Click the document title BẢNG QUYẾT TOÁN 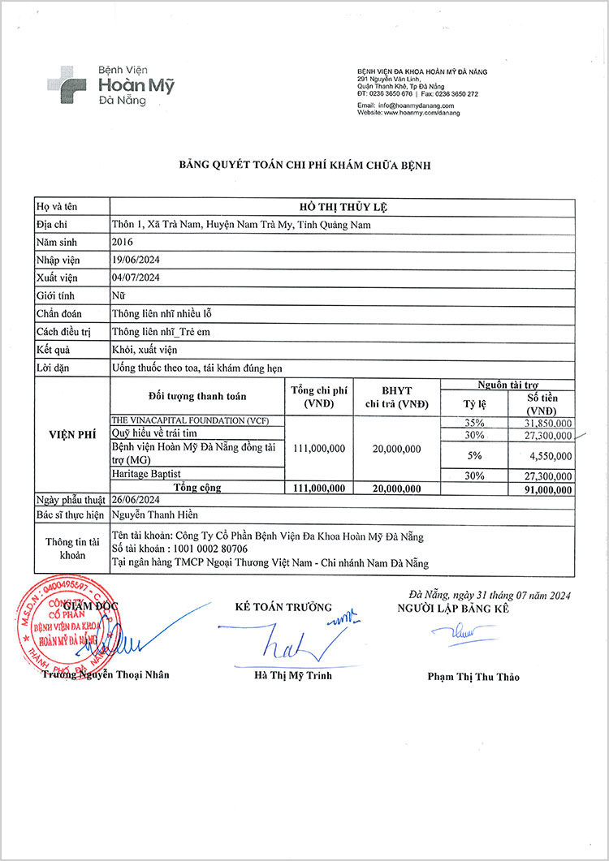(304, 166)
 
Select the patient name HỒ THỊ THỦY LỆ (342, 207)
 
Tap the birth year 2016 (122, 242)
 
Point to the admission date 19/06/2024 (136, 260)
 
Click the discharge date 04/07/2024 (136, 278)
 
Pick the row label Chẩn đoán (59, 313)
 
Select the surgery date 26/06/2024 (136, 500)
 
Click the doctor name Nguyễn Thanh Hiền (154, 514)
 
